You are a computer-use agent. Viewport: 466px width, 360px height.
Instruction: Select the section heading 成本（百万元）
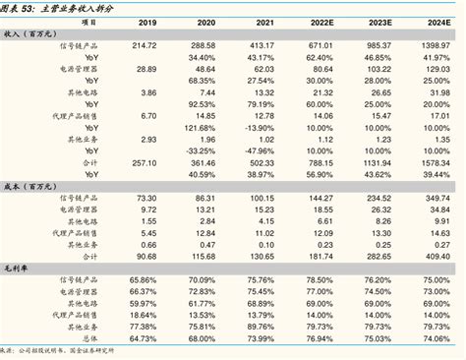pos(29,186)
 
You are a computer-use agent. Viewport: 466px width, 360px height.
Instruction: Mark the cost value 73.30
pos(146,198)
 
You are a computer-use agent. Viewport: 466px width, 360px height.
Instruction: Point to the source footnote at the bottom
pos(59,350)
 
